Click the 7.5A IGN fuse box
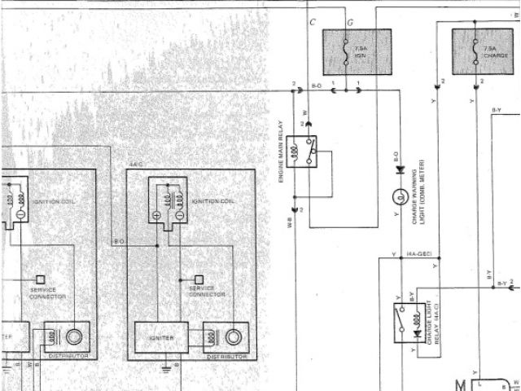pyautogui.click(x=357, y=52)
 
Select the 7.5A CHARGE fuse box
pyautogui.click(x=483, y=52)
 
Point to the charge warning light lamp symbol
pyautogui.click(x=400, y=196)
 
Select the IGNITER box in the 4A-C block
pyautogui.click(x=161, y=337)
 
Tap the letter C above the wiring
pyautogui.click(x=313, y=21)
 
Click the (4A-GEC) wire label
pyautogui.click(x=418, y=254)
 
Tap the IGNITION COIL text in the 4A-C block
pyautogui.click(x=214, y=201)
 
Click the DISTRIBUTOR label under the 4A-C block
pyautogui.click(x=226, y=357)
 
